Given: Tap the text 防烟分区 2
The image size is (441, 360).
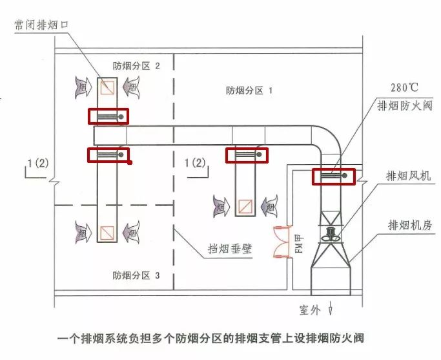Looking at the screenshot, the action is click(x=136, y=65).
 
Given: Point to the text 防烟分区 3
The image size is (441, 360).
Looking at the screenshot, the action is click(x=136, y=275).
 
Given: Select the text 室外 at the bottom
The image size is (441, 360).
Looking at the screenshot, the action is click(x=310, y=310).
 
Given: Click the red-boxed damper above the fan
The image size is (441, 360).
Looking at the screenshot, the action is click(x=334, y=176).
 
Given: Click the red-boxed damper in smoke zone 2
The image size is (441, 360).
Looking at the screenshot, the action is click(x=108, y=116).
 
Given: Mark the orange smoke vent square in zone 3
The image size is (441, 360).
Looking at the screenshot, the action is click(x=107, y=230).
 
